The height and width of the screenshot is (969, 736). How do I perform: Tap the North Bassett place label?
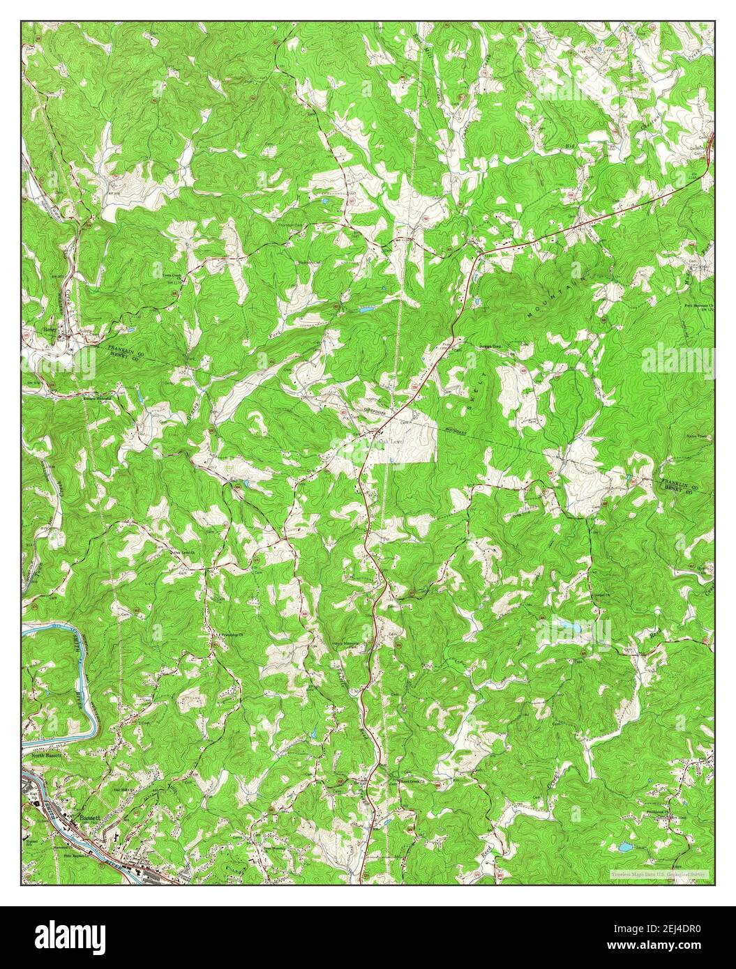47,754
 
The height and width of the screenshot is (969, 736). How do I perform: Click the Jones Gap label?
493,344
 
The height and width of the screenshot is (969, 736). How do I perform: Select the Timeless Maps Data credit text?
658,873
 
